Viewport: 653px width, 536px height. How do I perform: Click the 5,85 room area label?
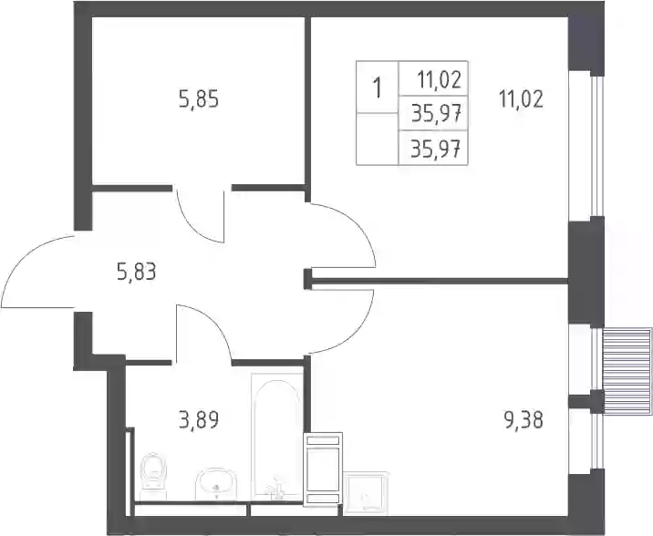[199, 100]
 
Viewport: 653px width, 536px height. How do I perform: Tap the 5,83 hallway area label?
[137, 273]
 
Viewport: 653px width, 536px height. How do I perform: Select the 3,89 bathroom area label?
[199, 420]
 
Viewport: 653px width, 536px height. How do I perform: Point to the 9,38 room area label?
[523, 420]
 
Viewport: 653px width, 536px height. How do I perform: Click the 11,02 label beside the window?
[521, 100]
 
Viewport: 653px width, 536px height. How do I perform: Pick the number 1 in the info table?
[378, 88]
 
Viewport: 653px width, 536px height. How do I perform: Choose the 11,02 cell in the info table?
[440, 80]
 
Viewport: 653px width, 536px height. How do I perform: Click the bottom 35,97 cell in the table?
[436, 149]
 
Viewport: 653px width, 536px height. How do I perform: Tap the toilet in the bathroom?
[153, 477]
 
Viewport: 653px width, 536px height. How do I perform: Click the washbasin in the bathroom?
[216, 483]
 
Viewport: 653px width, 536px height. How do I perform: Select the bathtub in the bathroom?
[277, 437]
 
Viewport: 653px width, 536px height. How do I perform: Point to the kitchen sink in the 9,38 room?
[366, 491]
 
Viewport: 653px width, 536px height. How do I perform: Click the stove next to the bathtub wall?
[323, 469]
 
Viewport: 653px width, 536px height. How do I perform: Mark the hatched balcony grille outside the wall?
[627, 371]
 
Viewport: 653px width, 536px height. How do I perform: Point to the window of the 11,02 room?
[597, 146]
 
